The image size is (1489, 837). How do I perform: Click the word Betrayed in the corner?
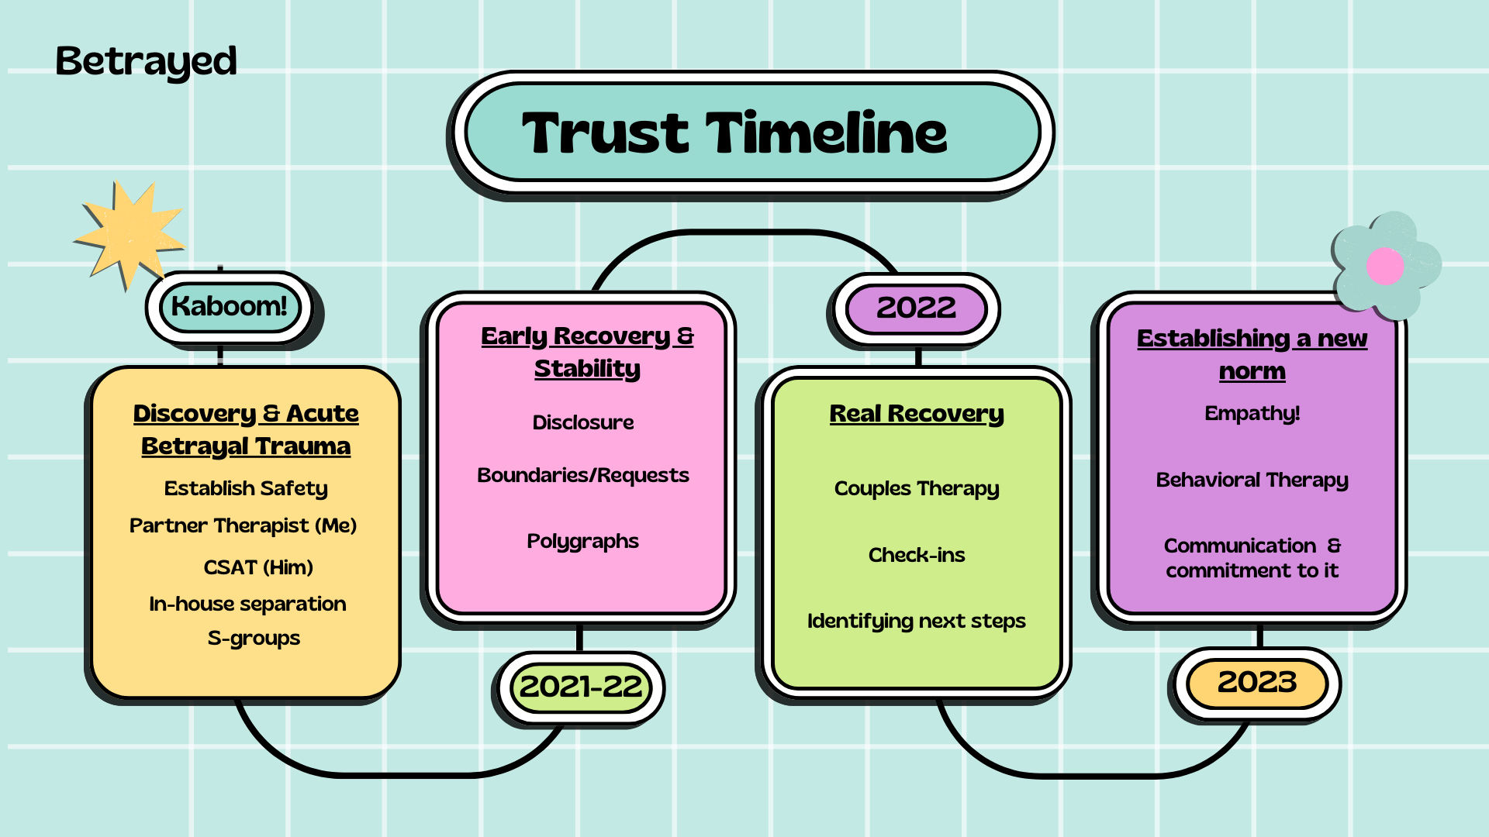coord(146,61)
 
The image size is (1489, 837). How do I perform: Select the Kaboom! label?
coord(230,306)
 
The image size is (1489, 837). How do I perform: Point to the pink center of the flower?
coord(1385,266)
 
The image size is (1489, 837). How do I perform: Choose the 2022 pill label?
coord(916,308)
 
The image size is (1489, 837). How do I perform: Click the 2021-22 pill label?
coord(580,687)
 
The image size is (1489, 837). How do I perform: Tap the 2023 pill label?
coord(1256,682)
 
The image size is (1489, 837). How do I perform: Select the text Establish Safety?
coord(246,488)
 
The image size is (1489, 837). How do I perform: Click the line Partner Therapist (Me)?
coord(243,525)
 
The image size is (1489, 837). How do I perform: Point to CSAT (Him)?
coord(258,567)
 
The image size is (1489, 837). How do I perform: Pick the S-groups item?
coord(254,638)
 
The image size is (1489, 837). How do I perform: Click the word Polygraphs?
coord(582,541)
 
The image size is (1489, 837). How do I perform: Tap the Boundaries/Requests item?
coord(582,475)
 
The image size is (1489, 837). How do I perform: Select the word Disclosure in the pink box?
coord(582,422)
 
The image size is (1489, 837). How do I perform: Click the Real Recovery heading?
coord(917,414)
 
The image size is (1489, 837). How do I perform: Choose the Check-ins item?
coord(917,555)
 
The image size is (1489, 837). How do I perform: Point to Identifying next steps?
coord(917,621)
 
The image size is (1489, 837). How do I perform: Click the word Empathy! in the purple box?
coord(1252,413)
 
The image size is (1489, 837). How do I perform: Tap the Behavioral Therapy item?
coord(1252,480)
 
